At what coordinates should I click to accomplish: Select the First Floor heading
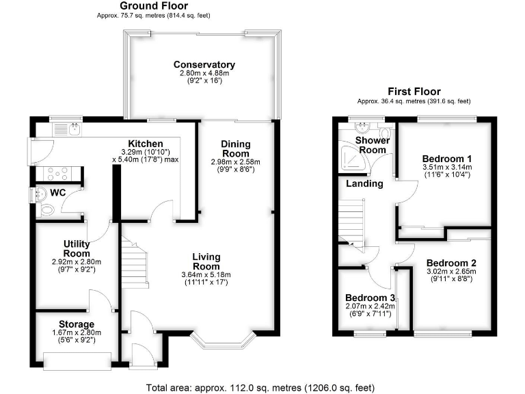coord(414,91)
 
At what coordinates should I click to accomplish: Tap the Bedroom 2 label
coord(450,263)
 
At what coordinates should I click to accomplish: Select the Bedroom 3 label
coord(369,298)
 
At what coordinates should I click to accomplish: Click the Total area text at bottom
coord(260,387)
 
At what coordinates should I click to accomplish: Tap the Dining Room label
coord(235,149)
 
